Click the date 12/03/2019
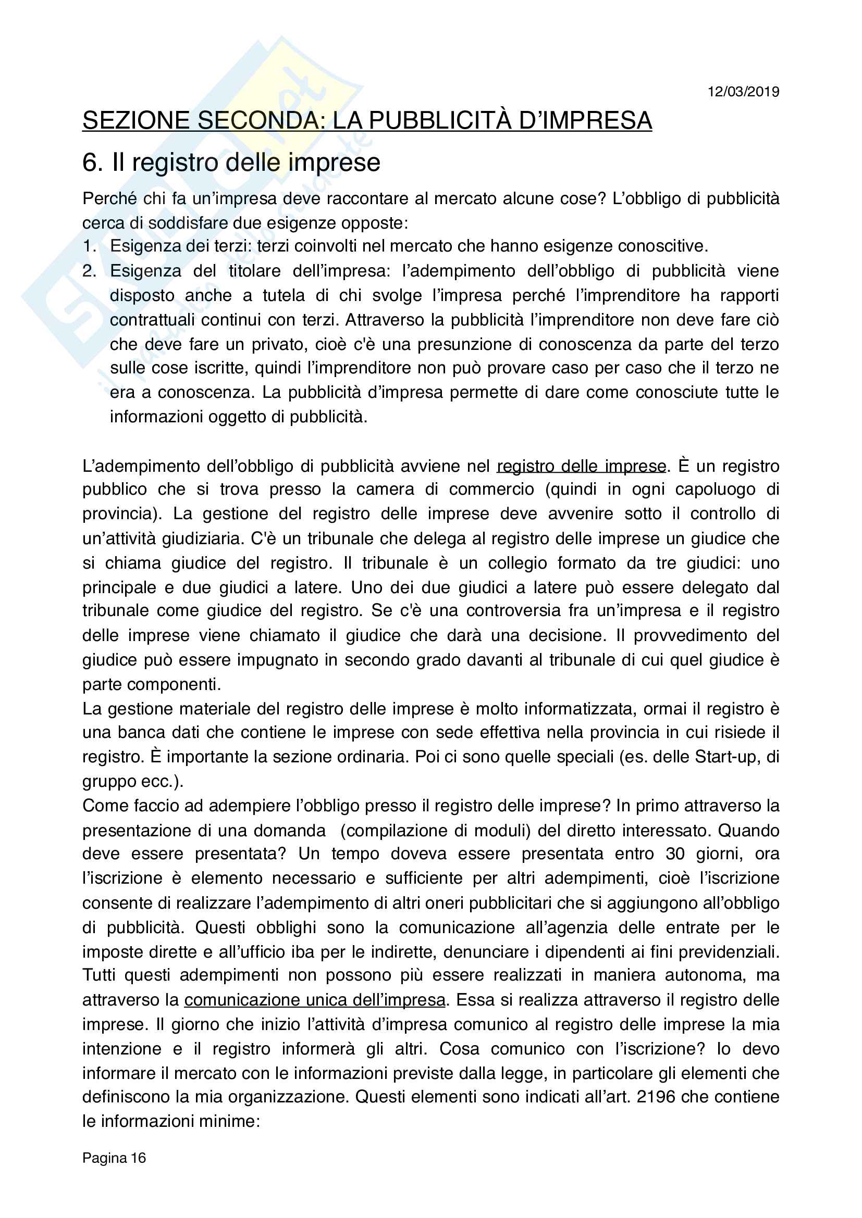(x=743, y=92)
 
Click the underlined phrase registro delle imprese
(x=581, y=466)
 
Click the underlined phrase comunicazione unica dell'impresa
(x=315, y=1000)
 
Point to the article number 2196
(x=656, y=1097)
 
